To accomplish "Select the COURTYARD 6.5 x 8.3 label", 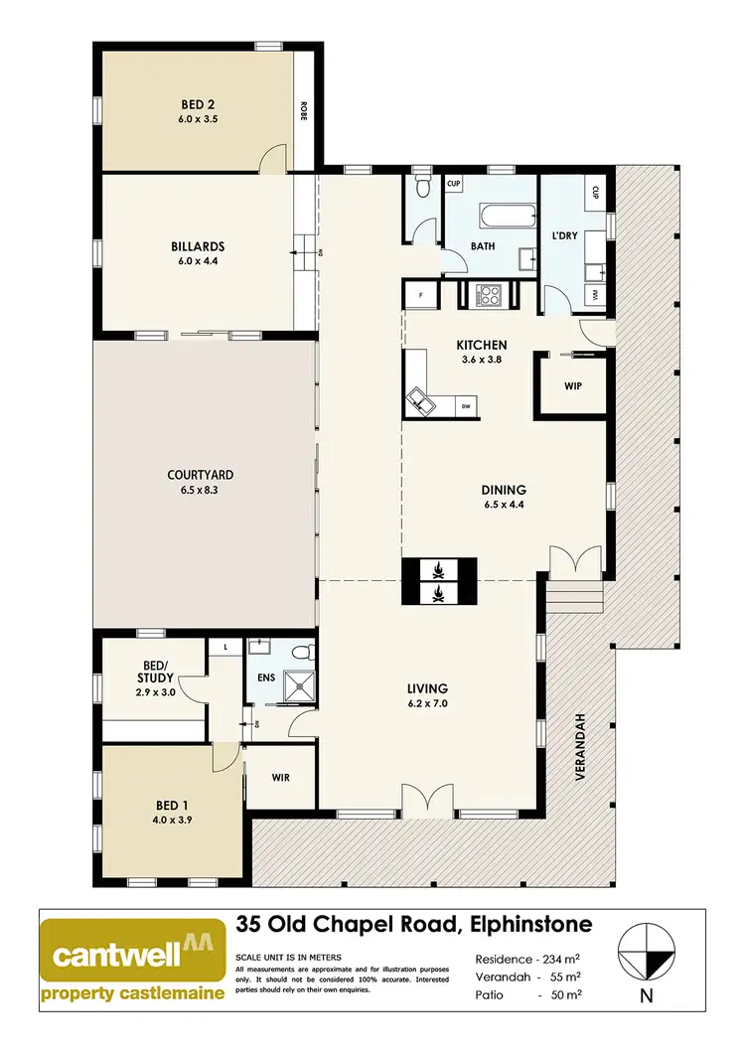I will coord(200,482).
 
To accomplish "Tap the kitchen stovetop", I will coord(490,295).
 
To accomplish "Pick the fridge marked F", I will coord(421,295).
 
